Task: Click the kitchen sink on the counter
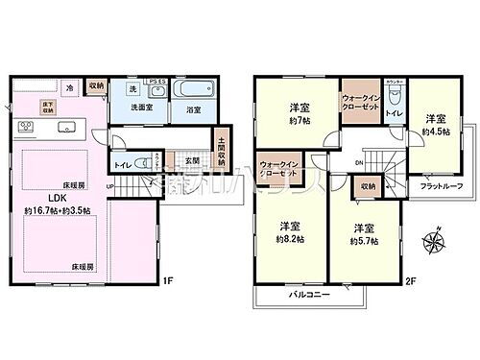(67, 127)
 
